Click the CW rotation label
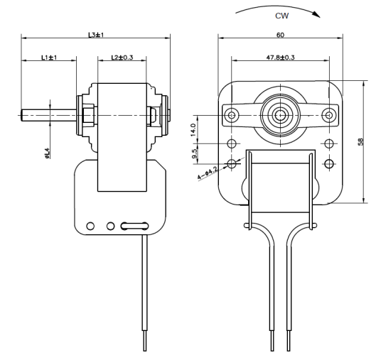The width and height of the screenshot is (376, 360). pos(281,16)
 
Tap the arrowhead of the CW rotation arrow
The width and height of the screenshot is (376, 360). pos(317,15)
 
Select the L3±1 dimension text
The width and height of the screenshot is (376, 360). pos(96,35)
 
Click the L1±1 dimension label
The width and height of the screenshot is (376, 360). pos(49,58)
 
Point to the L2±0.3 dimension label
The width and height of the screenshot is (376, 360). pos(122,58)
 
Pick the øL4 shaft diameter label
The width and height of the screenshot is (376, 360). pos(47,153)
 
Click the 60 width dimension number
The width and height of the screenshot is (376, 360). pos(280,35)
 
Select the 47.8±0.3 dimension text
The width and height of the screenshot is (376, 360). pos(280,58)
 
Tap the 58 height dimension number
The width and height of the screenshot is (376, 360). pos(360,141)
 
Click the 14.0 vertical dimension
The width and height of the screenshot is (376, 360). pos(193,129)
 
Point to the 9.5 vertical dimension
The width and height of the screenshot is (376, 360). pos(195,153)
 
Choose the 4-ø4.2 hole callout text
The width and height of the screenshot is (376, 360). pos(208,173)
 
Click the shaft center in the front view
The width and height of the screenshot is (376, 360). pos(280,115)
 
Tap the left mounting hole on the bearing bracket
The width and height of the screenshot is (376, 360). pos(232,115)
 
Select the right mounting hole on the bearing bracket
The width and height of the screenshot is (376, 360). pos(329,115)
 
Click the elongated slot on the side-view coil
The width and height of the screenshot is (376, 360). pos(134,226)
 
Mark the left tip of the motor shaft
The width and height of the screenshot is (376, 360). pos(21,115)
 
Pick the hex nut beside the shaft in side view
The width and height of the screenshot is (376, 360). pos(88,115)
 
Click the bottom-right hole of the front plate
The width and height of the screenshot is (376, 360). pos(329,164)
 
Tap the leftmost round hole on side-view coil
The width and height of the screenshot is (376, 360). pos(90,226)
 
